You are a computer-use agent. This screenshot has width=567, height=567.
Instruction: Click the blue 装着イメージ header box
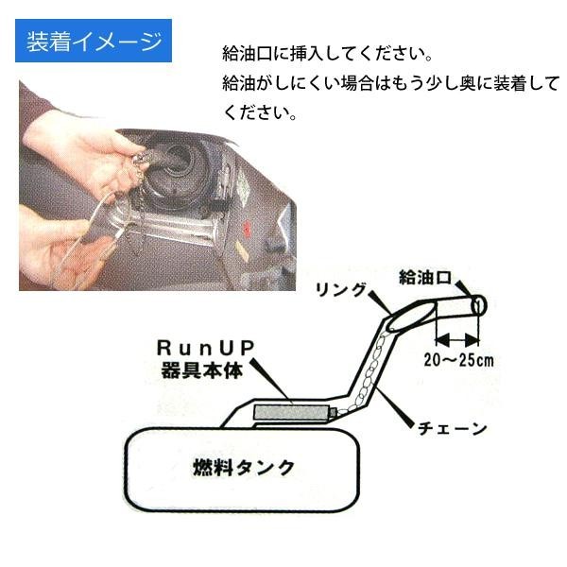click(x=91, y=42)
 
